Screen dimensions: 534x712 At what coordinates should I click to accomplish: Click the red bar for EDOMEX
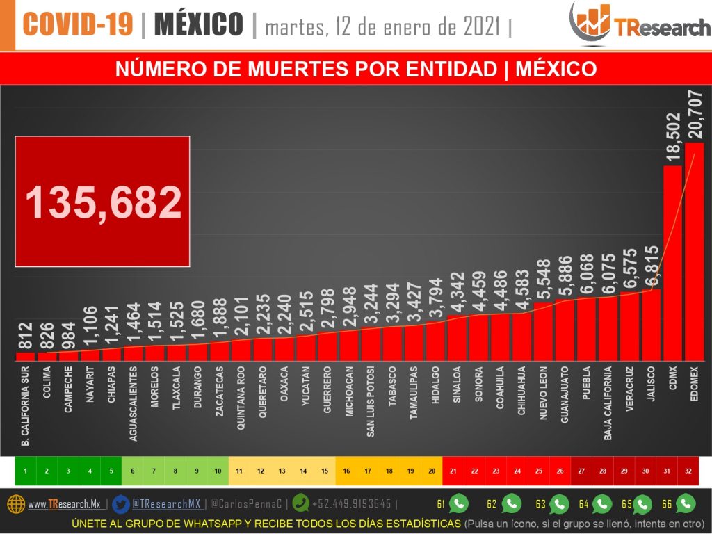click(x=694, y=252)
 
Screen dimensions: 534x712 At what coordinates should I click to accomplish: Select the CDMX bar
click(x=672, y=263)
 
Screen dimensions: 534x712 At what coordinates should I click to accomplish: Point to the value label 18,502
click(x=673, y=138)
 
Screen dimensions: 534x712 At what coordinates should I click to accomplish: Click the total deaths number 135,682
click(x=103, y=202)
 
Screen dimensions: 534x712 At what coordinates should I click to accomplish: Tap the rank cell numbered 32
click(x=688, y=471)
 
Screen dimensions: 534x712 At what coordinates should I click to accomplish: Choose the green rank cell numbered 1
click(x=25, y=471)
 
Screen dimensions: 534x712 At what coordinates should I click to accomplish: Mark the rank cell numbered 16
click(x=346, y=471)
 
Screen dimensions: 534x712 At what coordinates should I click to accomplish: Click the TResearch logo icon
click(x=590, y=22)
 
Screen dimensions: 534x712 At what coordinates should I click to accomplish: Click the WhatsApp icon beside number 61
click(x=459, y=503)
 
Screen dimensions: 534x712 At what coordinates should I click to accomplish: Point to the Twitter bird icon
click(x=120, y=503)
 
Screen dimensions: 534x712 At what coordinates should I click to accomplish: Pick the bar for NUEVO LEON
click(x=543, y=331)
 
